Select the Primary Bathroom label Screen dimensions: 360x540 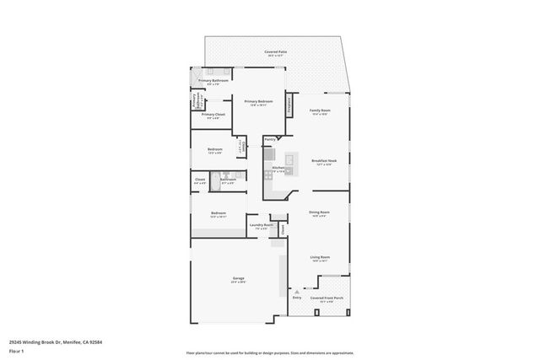213,81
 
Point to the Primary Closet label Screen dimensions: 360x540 213,116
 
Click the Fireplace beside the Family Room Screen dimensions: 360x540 289,106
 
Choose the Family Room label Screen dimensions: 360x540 319,111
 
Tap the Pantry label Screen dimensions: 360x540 270,139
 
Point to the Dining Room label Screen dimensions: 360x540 319,213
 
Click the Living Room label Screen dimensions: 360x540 319,258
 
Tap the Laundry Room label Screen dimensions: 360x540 262,226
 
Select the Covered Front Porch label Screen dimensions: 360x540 327,298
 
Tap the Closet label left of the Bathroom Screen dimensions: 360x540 200,180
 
